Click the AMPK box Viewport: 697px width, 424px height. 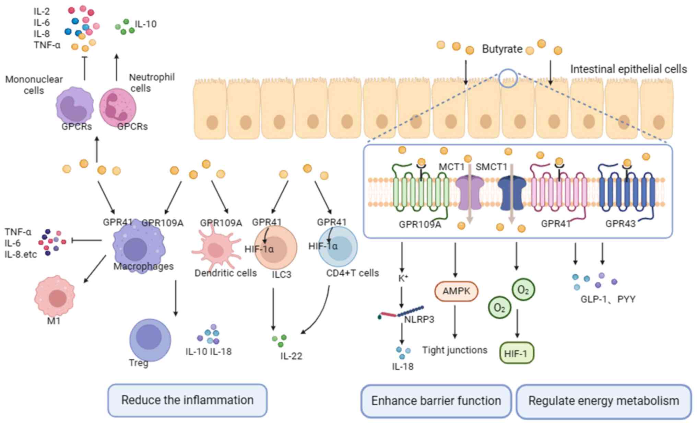456,291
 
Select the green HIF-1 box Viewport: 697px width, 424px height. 517,353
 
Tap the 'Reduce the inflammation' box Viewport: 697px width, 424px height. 187,400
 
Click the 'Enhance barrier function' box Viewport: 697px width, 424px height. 436,401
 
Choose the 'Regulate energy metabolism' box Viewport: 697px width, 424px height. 604,401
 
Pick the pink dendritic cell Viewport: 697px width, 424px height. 215,249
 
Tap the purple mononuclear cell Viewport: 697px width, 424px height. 74,106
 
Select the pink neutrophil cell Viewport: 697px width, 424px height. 117,107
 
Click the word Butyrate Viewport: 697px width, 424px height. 502,49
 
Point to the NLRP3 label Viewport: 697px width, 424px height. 419,319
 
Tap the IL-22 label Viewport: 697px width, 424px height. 291,356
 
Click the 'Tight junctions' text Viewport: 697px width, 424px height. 454,350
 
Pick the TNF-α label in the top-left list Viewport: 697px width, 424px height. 47,45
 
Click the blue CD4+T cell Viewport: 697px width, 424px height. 338,247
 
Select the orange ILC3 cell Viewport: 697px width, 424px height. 275,248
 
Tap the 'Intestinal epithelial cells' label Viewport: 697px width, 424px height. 628,69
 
